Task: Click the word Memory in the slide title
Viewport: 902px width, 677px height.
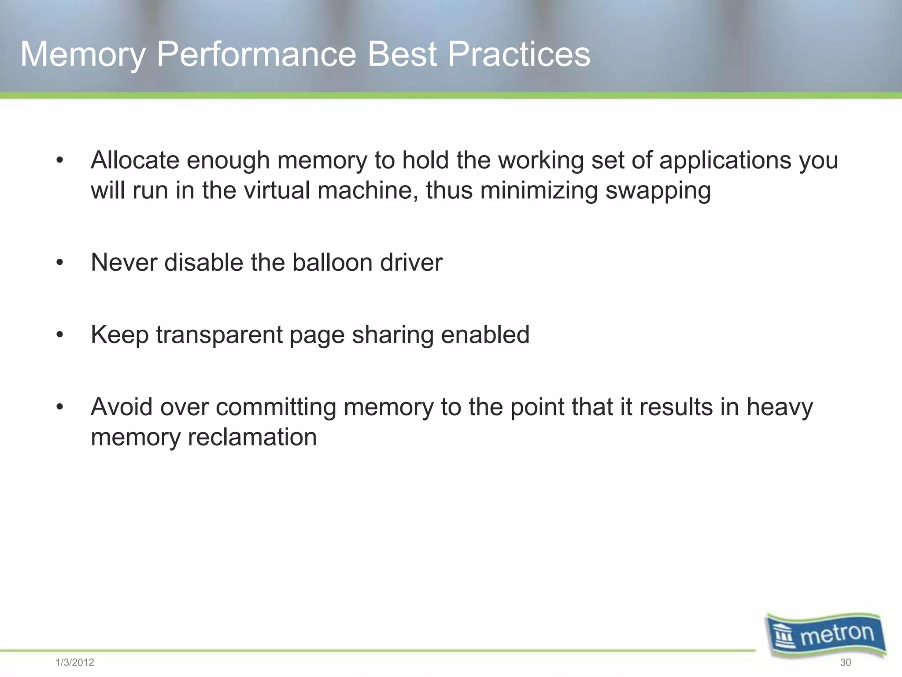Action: click(83, 55)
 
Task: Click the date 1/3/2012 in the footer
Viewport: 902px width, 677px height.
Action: click(75, 662)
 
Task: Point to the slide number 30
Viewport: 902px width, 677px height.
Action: click(845, 662)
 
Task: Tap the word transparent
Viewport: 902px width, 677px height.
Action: click(218, 335)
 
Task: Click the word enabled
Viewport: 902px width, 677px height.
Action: click(485, 335)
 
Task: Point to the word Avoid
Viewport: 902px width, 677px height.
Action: click(121, 407)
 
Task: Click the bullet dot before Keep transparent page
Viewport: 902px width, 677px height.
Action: click(60, 335)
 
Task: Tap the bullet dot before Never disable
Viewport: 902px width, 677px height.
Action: click(60, 263)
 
